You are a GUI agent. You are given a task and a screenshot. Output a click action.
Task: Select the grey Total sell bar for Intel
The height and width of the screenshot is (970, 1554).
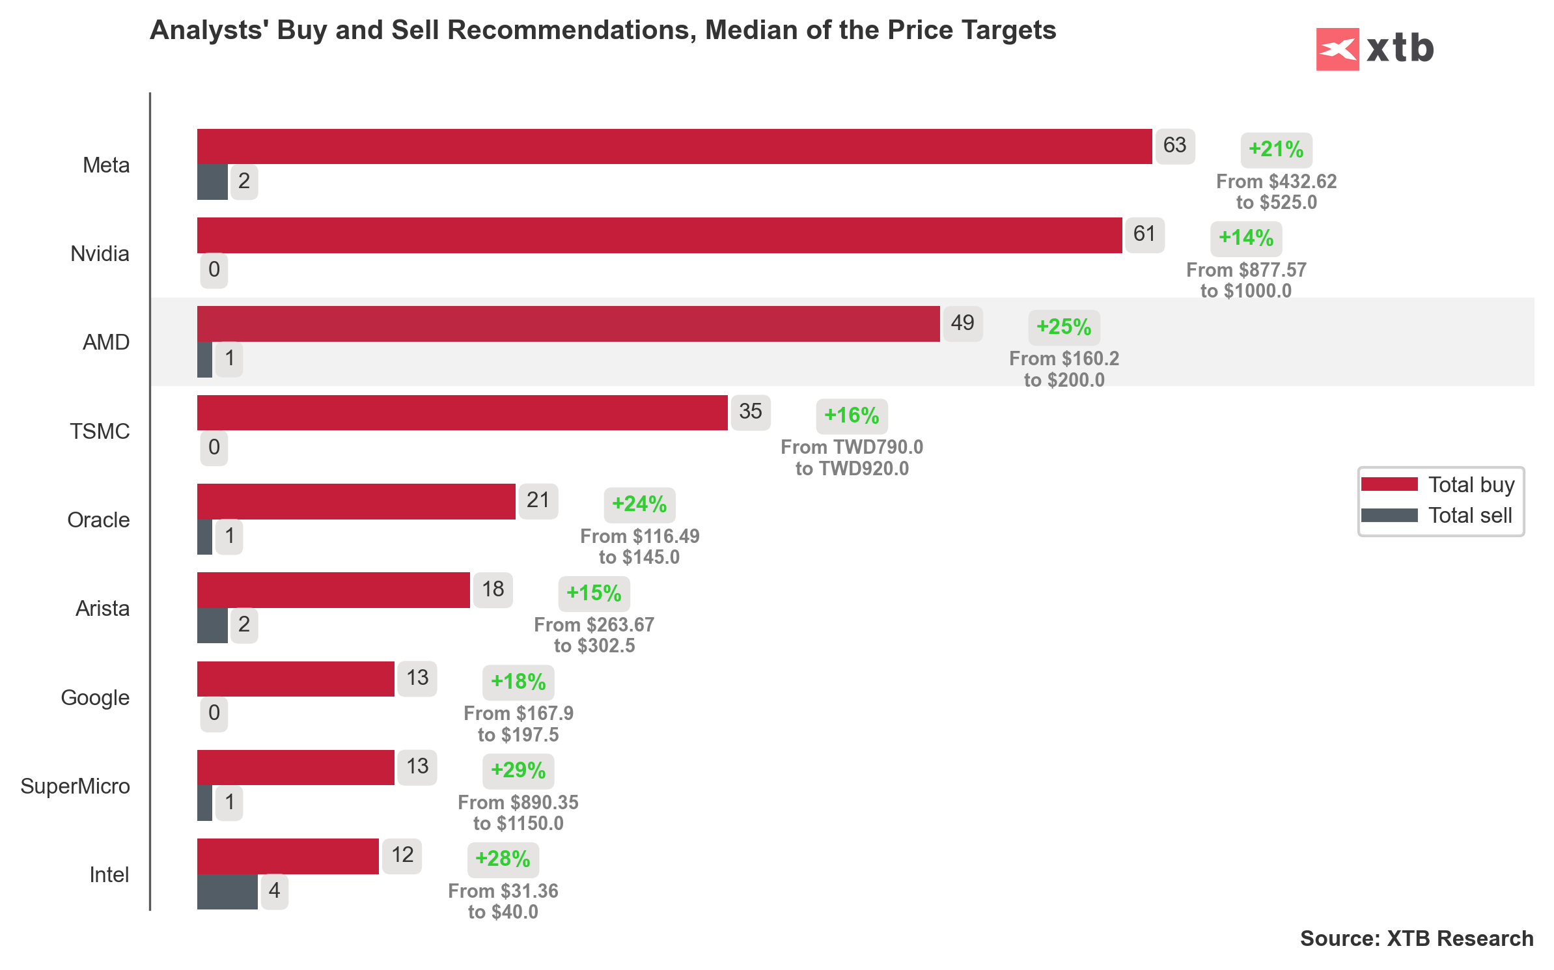pos(227,891)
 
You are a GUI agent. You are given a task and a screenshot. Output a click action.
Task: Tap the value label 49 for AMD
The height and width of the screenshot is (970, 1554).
pos(962,323)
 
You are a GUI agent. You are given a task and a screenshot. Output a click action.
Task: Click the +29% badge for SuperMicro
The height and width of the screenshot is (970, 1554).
pos(518,770)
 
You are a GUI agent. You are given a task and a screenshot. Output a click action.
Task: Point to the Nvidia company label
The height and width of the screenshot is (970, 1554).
pos(100,253)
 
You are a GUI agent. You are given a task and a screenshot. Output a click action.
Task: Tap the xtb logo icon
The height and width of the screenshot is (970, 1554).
pos(1337,49)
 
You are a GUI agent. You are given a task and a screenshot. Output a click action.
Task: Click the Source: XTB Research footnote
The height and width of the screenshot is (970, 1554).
pos(1416,938)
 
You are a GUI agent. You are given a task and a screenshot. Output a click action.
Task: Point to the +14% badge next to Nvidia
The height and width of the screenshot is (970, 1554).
pos(1245,238)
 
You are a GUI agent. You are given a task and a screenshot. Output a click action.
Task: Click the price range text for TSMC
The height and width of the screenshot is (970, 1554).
pos(852,458)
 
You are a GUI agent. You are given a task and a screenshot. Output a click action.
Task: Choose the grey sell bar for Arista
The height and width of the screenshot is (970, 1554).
pos(212,625)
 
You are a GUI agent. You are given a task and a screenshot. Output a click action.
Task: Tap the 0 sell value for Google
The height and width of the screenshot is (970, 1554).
pos(214,713)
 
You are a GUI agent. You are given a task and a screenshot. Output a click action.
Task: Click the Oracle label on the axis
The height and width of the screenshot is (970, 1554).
pos(98,520)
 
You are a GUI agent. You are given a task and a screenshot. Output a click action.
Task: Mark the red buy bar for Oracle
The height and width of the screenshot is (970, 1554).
pos(356,501)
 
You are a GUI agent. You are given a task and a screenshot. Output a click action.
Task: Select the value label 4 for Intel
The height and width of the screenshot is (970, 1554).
pos(274,891)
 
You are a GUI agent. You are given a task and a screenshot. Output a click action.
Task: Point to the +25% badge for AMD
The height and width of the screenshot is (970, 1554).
pos(1064,327)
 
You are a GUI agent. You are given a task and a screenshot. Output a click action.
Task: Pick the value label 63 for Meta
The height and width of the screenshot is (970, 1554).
pos(1174,145)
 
